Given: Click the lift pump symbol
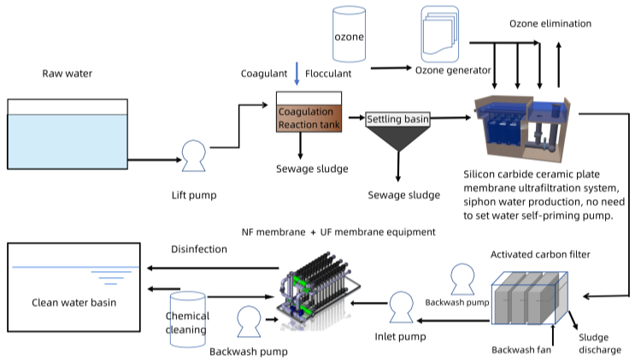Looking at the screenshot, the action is pyautogui.click(x=194, y=156).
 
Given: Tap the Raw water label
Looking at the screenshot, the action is pyautogui.click(x=67, y=74).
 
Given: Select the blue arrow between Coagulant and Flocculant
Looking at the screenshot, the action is pyautogui.click(x=297, y=74).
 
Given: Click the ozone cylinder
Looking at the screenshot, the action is pyautogui.click(x=349, y=34).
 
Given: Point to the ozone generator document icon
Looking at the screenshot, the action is pyautogui.click(x=440, y=34).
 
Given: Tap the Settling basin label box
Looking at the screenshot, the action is pyautogui.click(x=397, y=119).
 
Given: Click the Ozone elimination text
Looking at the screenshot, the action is pyautogui.click(x=550, y=24).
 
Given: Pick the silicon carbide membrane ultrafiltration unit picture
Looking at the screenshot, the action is pyautogui.click(x=522, y=127).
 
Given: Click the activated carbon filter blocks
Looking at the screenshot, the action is pyautogui.click(x=530, y=298).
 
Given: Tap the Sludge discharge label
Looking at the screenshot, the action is pyautogui.click(x=600, y=344).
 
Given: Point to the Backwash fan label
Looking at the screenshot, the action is pyautogui.click(x=521, y=350).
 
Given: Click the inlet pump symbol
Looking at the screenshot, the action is pyautogui.click(x=402, y=307).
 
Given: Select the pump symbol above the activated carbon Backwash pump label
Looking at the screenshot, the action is pyautogui.click(x=462, y=279).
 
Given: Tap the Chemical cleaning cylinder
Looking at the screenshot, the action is pyautogui.click(x=188, y=320).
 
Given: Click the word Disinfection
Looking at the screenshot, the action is pyautogui.click(x=199, y=249).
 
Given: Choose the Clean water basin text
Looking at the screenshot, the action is pyautogui.click(x=74, y=303).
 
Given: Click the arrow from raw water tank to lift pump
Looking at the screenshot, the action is pyautogui.click(x=155, y=160).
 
